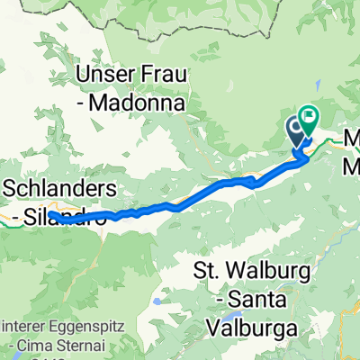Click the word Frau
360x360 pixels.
(x=163, y=72)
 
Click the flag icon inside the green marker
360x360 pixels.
(x=310, y=114)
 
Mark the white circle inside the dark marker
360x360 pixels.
(x=297, y=129)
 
